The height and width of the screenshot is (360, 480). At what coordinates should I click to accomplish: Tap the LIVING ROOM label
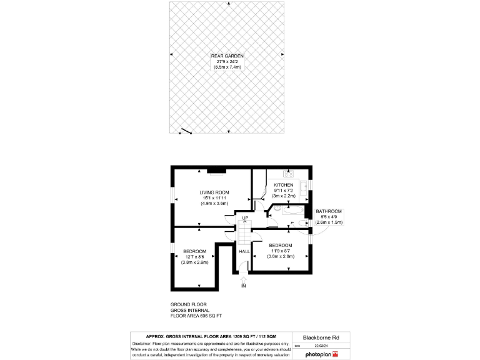[214, 192]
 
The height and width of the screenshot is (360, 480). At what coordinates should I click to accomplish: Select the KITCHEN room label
[283, 185]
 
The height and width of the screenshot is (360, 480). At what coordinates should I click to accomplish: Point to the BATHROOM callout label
[329, 211]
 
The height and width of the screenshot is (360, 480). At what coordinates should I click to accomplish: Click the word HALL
[244, 251]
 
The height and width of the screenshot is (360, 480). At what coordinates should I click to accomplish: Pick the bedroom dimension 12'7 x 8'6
[195, 256]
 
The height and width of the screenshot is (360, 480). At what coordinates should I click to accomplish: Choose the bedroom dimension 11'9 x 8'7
[281, 250]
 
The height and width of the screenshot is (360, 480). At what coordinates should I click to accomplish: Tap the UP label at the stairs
[246, 218]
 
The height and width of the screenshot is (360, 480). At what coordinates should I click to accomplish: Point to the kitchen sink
[302, 186]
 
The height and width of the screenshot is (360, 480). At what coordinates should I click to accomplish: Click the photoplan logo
[321, 354]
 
